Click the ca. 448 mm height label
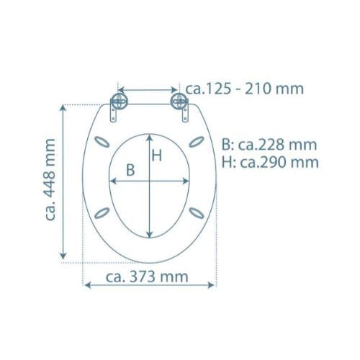[x=50, y=179]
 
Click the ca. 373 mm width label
[x=147, y=277]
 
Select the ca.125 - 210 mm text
[x=245, y=89]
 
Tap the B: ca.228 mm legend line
[x=269, y=145]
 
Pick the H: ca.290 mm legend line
[x=270, y=163]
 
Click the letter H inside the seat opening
[x=157, y=156]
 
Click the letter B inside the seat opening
[x=130, y=170]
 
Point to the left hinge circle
[x=119, y=101]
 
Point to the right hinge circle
[x=179, y=101]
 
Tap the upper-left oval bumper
[x=102, y=142]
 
